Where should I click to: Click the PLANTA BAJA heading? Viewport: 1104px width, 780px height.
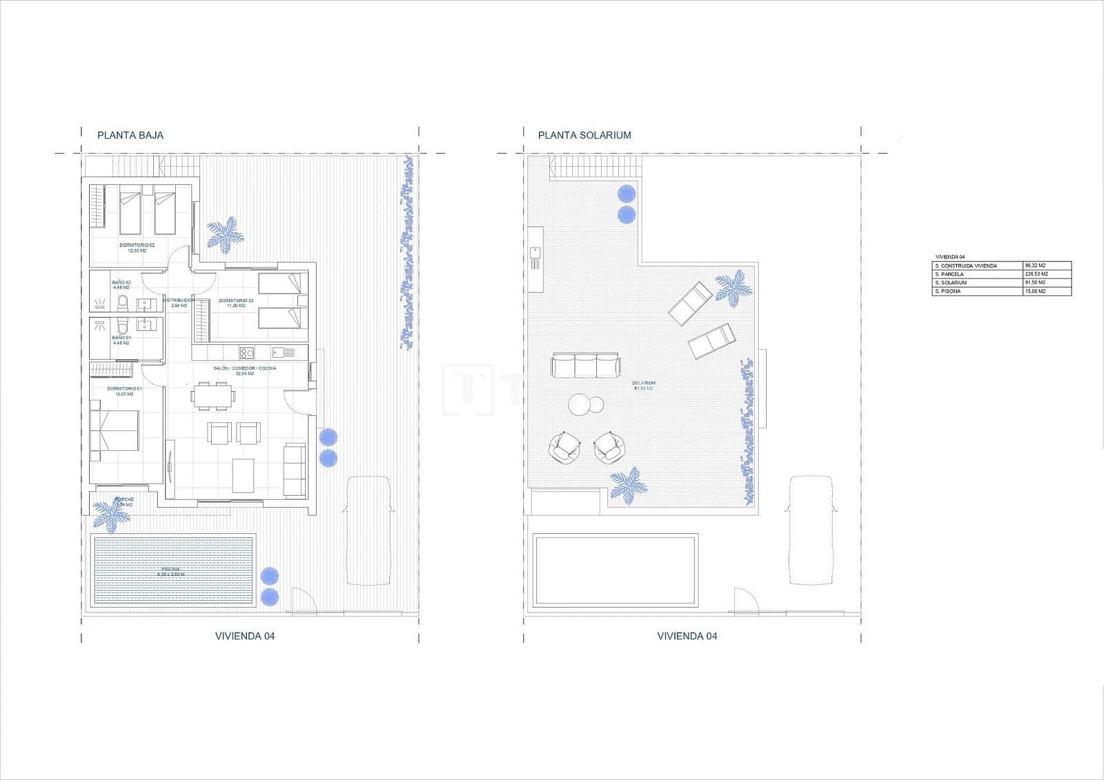pos(130,135)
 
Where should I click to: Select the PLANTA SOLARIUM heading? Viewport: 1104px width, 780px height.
pos(584,135)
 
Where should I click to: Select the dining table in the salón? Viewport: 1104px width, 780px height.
pos(214,397)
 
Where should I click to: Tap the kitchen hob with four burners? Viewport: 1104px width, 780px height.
pos(247,353)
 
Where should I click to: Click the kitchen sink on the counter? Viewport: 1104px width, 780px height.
pos(278,353)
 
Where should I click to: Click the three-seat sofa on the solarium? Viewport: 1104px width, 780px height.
pos(585,366)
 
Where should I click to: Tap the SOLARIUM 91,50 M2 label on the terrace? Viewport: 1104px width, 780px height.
pos(643,386)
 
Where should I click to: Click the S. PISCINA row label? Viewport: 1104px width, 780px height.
pos(949,291)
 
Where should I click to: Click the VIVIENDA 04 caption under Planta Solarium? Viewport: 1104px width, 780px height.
pos(687,636)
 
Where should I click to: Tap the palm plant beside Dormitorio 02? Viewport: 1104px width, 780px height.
pos(225,234)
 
